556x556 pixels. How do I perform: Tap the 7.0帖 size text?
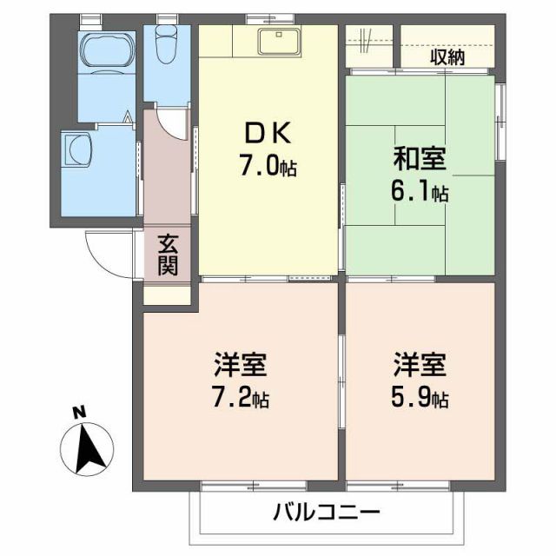(268, 167)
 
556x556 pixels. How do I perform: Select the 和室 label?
(420, 160)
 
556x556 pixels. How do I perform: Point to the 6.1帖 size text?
(420, 192)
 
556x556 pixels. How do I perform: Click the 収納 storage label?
(447, 58)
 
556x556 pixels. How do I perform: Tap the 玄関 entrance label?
(168, 254)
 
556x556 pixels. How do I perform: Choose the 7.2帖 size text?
(239, 399)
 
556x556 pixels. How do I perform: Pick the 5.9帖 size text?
(420, 399)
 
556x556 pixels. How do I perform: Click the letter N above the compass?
(77, 411)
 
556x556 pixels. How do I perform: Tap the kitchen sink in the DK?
(278, 40)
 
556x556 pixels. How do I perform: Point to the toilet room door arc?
(174, 122)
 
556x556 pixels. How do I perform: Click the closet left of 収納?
(370, 43)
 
